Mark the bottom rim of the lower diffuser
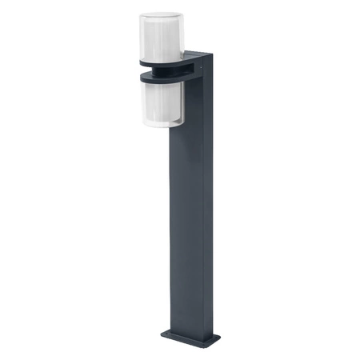(x=161, y=125)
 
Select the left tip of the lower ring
(x=138, y=78)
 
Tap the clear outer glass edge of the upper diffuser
(x=142, y=36)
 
